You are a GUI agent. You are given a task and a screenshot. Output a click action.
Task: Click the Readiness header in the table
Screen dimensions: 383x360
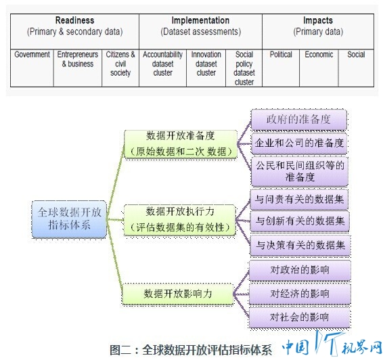coord(74,31)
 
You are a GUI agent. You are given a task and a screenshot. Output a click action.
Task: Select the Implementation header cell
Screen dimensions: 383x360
coord(200,31)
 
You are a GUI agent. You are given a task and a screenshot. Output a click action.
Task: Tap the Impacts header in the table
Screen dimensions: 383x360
coord(318,31)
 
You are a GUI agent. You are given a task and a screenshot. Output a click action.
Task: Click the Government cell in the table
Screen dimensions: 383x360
coord(32,68)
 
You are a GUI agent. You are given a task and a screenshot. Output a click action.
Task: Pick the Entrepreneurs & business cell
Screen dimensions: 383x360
coord(78,68)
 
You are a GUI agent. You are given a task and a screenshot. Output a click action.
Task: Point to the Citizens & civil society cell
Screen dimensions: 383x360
coord(120,68)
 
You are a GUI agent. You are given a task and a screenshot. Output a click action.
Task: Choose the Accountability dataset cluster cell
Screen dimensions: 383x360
coord(162,68)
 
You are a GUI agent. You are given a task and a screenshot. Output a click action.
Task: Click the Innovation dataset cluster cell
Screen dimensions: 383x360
coord(206,68)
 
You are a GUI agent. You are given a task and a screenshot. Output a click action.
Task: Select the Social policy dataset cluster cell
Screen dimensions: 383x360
coord(244,68)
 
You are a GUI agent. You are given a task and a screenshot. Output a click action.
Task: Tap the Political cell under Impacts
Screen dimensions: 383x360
coord(281,68)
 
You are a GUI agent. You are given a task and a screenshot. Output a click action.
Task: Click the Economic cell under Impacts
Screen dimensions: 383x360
coord(319,68)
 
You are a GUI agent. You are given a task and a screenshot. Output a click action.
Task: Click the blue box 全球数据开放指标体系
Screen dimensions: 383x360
coord(70,219)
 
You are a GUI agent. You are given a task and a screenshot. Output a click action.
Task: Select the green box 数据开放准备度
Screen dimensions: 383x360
coord(181,144)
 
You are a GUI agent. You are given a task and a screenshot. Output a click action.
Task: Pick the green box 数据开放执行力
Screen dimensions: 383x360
coord(180,220)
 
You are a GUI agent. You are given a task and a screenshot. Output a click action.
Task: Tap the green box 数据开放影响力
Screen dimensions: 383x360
coord(177,294)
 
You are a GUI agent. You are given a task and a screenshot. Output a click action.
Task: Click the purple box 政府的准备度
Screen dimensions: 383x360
coord(299,120)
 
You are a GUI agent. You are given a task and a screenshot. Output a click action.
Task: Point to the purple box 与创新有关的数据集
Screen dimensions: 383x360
coord(300,221)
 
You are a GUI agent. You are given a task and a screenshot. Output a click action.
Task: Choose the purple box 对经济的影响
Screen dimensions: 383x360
coord(300,294)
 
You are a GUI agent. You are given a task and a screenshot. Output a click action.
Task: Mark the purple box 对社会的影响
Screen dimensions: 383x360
coord(300,317)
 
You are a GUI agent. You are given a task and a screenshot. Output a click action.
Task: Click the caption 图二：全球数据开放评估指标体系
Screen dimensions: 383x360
coord(191,350)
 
